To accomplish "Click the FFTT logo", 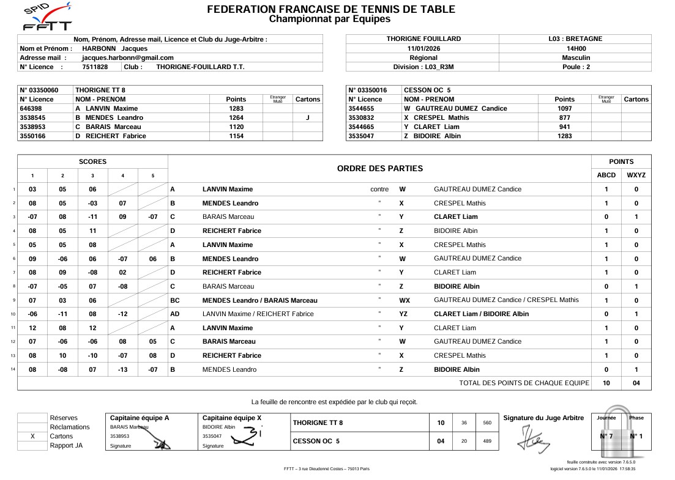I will pos(47,17).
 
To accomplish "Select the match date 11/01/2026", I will pos(423,48).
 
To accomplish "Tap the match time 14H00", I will pos(576,48).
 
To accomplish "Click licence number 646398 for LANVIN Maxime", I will pos(31,108).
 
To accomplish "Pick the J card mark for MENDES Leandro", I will pos(307,117).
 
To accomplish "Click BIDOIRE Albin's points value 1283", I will pos(564,136).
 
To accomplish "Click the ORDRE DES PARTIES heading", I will pos(379,169).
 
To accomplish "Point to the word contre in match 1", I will pos(379,190).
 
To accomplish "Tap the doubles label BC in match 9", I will pos(174,300).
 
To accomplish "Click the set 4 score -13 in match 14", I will pos(122,369).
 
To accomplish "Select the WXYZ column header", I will pos(636,175).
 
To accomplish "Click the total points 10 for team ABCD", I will pos(606,383).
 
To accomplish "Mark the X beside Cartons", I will pos(32,437).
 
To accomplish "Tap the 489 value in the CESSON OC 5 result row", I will pos(487,441).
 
